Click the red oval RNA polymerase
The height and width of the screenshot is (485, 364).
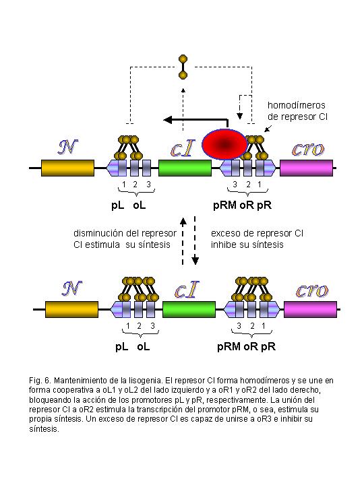[224, 144]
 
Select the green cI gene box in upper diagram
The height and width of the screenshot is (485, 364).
[185, 168]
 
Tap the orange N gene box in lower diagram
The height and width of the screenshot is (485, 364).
[72, 309]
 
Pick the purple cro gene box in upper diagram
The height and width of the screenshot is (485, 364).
[307, 168]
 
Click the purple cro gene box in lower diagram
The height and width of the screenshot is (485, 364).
[310, 309]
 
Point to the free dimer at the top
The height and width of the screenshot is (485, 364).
[183, 67]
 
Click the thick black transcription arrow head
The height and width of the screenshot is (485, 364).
[167, 119]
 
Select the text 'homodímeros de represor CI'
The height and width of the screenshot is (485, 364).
[297, 110]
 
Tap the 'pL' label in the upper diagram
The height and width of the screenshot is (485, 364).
[118, 205]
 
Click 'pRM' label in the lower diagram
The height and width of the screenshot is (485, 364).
[229, 346]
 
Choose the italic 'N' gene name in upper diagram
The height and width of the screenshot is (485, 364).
[68, 147]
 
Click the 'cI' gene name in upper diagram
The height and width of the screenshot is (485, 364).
[183, 148]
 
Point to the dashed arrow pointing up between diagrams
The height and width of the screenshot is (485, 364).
[183, 241]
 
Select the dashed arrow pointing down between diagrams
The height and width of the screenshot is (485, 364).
[195, 240]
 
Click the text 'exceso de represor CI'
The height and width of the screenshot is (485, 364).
[257, 233]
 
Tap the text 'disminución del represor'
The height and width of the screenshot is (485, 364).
[125, 233]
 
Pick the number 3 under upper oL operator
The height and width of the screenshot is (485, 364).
[148, 185]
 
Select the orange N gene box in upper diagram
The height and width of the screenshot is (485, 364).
[68, 168]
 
